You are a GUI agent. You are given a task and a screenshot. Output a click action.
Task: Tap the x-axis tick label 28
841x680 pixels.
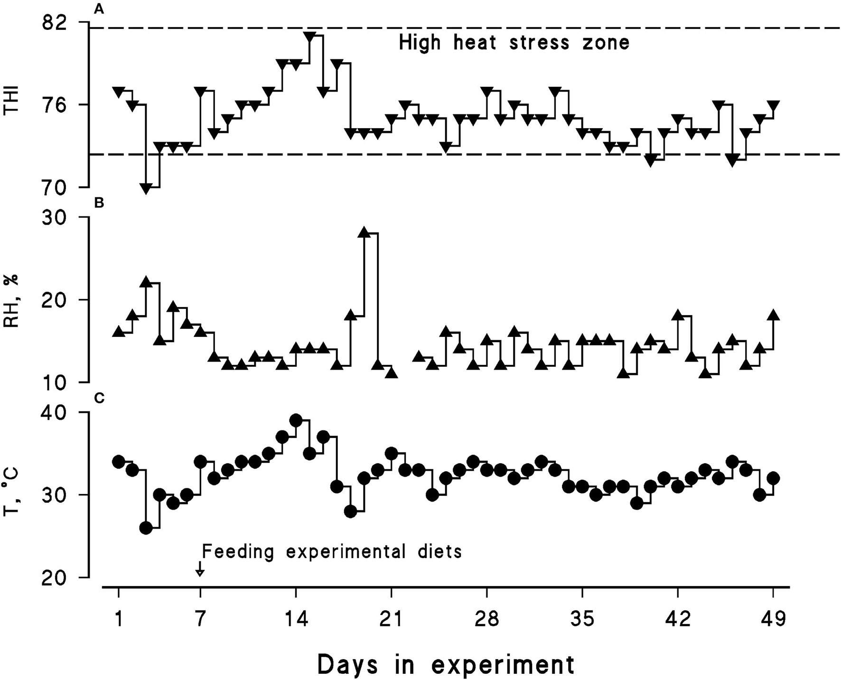click(487, 620)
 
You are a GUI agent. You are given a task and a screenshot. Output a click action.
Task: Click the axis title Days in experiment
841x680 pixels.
click(446, 664)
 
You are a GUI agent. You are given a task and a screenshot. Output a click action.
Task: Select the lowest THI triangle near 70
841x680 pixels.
click(146, 188)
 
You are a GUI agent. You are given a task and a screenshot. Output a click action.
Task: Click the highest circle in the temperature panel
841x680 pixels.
click(296, 420)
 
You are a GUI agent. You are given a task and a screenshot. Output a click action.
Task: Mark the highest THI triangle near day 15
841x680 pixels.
click(309, 37)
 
